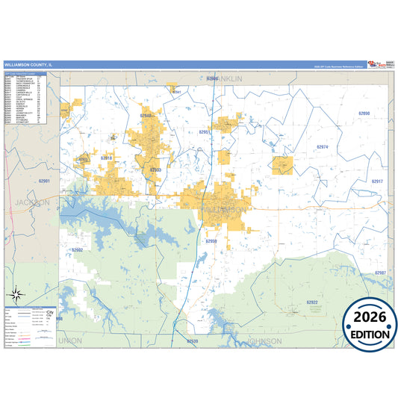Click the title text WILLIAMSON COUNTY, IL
point(28,65)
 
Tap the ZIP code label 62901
point(44,181)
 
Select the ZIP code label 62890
point(364,113)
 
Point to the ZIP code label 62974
point(322,147)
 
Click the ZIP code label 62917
point(377,181)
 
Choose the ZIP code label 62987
point(380,273)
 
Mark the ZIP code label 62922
point(312,302)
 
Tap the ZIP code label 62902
point(77,250)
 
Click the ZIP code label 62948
point(146,116)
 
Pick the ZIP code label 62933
point(155,170)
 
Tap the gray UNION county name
point(69,341)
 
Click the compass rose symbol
point(17,293)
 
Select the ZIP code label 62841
point(176,92)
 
